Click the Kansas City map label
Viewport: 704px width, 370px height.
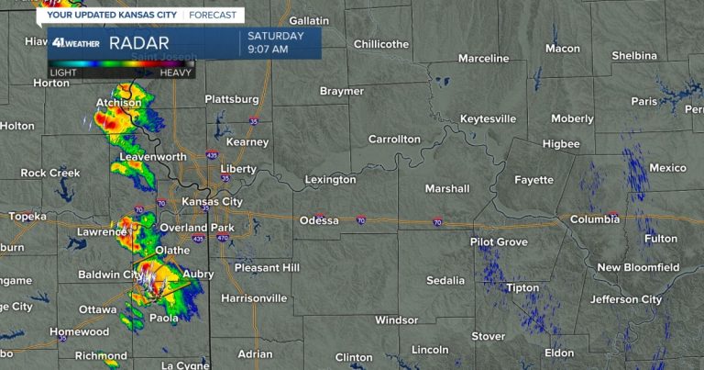pyautogui.click(x=212, y=202)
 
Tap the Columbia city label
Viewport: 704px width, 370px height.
pyautogui.click(x=594, y=220)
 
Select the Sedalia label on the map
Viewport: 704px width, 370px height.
pyautogui.click(x=445, y=280)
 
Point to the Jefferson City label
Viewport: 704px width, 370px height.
pyautogui.click(x=625, y=299)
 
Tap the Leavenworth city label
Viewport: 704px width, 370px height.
pyautogui.click(x=150, y=158)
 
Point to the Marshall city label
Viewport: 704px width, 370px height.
pyautogui.click(x=446, y=189)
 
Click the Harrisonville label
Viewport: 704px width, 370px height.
pyautogui.click(x=254, y=298)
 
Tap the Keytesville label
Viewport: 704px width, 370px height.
pyautogui.click(x=488, y=119)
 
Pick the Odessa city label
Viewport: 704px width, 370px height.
pyautogui.click(x=319, y=221)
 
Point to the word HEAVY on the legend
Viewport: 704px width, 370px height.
pyautogui.click(x=175, y=72)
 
